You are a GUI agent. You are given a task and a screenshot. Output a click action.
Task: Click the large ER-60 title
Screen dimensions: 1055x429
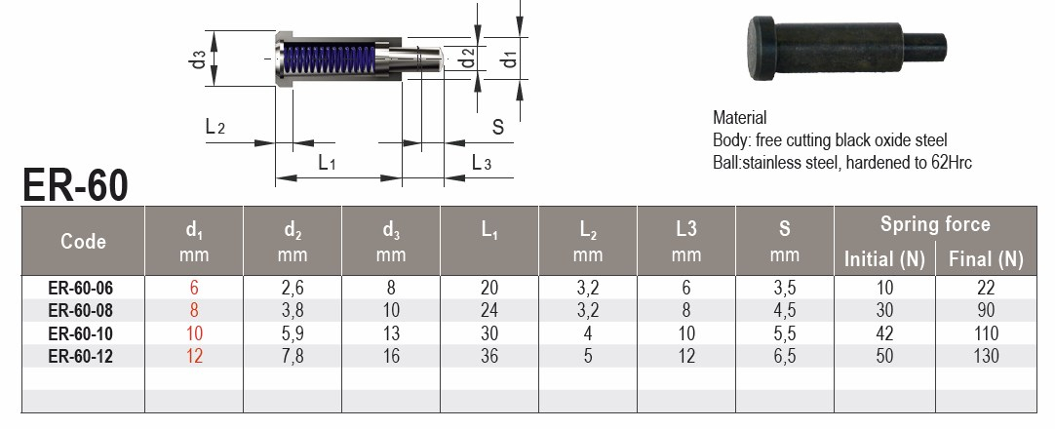pyautogui.click(x=75, y=185)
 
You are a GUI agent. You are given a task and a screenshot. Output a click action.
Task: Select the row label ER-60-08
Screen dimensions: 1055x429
pyautogui.click(x=81, y=311)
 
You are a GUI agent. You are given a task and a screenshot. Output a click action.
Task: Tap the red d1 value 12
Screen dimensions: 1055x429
pyautogui.click(x=194, y=356)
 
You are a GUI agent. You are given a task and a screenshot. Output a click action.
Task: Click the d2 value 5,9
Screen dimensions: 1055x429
pyautogui.click(x=292, y=333)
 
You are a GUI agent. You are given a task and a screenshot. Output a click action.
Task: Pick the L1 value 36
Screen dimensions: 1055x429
pyautogui.click(x=489, y=356)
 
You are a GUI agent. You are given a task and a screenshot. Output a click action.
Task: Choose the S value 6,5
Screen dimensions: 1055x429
pyautogui.click(x=784, y=356)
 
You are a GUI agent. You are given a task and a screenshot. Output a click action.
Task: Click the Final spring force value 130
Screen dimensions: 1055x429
pyautogui.click(x=986, y=356)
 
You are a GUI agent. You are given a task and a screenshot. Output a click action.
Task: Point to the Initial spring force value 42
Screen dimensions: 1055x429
pyautogui.click(x=884, y=333)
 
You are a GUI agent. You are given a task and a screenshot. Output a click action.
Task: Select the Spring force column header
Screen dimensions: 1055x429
pyautogui.click(x=935, y=224)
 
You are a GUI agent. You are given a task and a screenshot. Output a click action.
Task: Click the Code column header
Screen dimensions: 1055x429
pyautogui.click(x=84, y=242)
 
